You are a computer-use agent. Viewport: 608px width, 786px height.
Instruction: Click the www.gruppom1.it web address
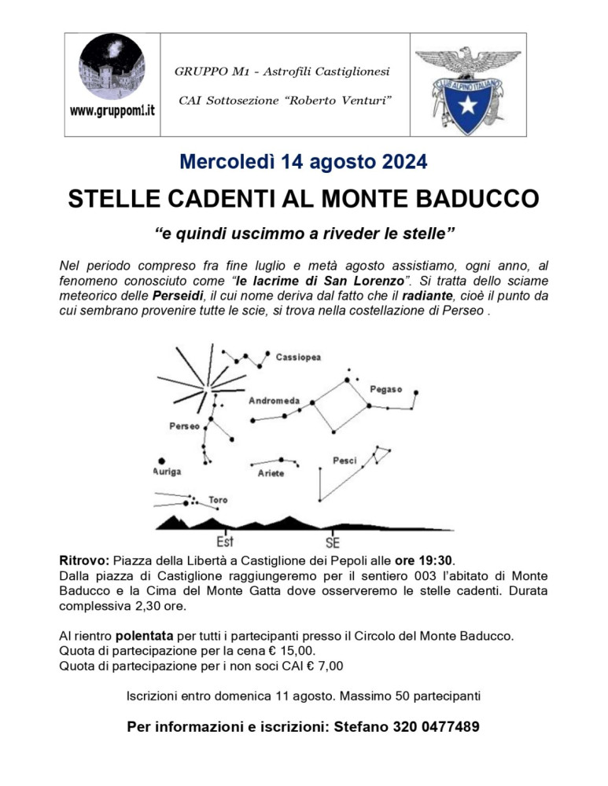click(112, 111)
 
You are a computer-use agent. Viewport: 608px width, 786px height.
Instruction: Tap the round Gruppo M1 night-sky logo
click(112, 68)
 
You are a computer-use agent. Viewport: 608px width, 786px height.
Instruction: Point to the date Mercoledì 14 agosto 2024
click(304, 163)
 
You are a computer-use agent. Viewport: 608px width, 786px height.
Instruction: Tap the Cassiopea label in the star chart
click(298, 357)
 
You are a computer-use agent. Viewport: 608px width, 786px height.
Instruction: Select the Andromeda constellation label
click(274, 401)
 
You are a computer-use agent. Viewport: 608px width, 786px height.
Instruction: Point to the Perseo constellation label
click(184, 426)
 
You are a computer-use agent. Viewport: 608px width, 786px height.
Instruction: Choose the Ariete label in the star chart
click(271, 473)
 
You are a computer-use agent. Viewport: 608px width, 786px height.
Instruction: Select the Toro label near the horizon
click(218, 500)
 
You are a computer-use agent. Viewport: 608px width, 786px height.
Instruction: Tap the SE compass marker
click(333, 542)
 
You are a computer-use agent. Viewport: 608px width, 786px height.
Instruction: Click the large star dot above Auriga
click(162, 461)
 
